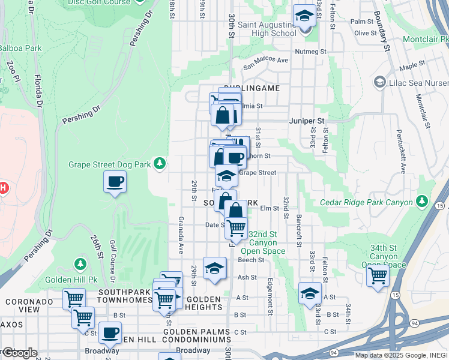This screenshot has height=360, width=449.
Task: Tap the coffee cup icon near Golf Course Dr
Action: click(x=115, y=182)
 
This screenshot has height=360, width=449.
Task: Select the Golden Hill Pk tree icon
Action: click(x=80, y=264)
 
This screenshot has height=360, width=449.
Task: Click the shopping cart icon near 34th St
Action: click(x=378, y=277)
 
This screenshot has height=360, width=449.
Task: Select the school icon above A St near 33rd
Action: click(x=310, y=293)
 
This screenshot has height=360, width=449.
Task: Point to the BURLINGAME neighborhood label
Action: click(x=252, y=88)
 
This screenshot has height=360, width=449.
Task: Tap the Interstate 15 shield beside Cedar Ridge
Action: click(x=442, y=206)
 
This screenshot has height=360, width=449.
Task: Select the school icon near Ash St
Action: click(x=214, y=269)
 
